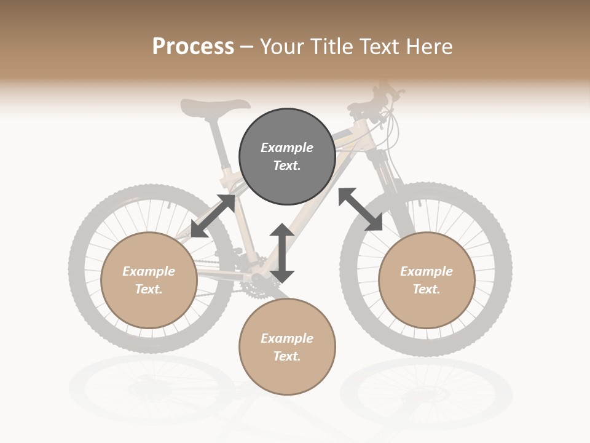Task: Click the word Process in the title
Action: (193, 46)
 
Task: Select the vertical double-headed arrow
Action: (282, 253)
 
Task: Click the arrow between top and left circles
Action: (213, 216)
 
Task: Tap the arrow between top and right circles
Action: (361, 209)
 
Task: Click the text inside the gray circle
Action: (287, 156)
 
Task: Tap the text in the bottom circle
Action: (287, 347)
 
